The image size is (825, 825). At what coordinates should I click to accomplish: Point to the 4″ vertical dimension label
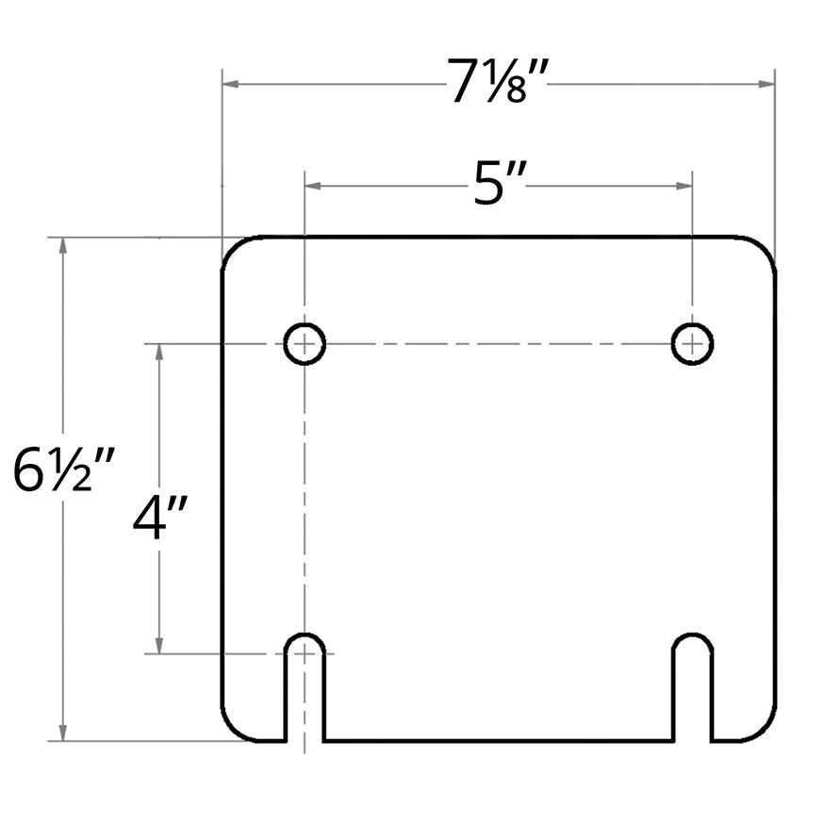(160, 518)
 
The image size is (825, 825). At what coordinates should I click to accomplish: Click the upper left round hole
(305, 343)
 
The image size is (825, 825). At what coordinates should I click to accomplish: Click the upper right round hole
(692, 343)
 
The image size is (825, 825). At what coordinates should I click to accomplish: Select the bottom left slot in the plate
(305, 686)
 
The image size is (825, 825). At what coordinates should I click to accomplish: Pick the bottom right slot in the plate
(692, 686)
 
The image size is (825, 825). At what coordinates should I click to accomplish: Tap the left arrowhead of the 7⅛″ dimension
(230, 84)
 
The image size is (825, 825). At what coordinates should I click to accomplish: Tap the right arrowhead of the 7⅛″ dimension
(767, 84)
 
